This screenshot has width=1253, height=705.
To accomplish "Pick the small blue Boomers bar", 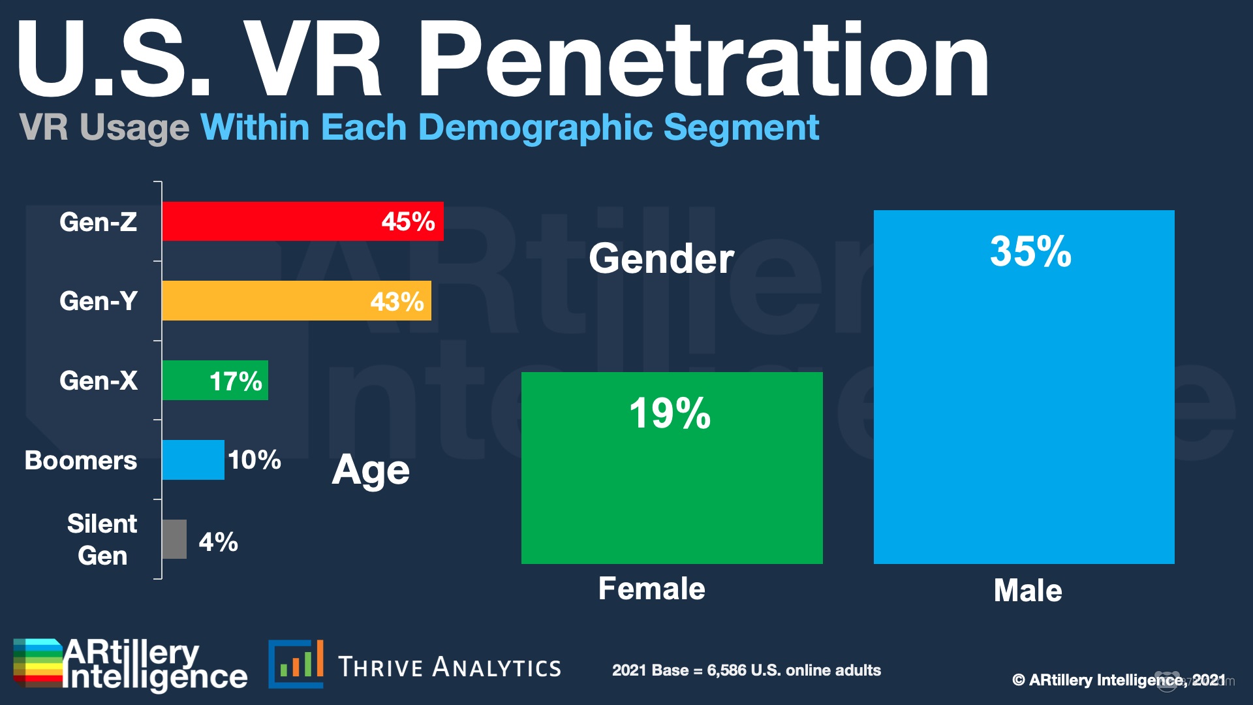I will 193,460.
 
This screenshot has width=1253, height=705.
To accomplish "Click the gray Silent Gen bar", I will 174,539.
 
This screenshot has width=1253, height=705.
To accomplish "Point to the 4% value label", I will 218,542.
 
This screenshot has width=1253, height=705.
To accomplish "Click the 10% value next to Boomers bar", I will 255,460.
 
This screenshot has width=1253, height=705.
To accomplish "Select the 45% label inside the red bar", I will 408,222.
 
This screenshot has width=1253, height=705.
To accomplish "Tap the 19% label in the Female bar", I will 670,413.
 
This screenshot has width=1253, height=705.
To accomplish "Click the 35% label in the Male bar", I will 1030,251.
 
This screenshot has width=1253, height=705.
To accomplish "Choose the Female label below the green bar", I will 651,589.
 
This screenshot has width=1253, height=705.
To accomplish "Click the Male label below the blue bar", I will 1027,591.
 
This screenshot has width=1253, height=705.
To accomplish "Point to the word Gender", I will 661,258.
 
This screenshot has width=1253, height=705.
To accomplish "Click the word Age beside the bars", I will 370,471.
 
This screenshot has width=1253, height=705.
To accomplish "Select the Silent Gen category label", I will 102,539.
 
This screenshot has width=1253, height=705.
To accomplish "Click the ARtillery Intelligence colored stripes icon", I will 38,663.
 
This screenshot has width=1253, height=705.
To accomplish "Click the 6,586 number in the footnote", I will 726,670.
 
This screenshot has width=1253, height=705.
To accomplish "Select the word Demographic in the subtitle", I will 535,127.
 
